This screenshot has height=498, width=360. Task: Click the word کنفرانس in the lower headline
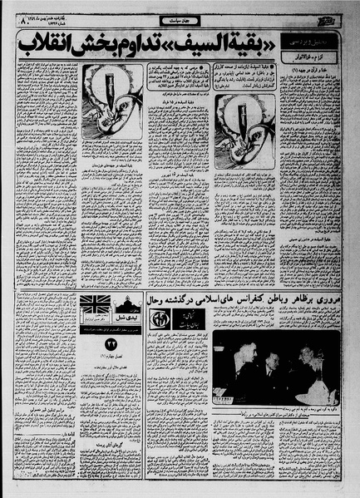point(246,298)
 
